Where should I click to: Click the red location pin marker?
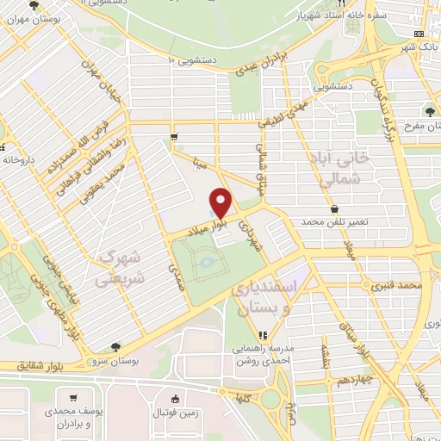[x=221, y=202]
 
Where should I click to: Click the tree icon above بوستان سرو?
[x=116, y=346]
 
